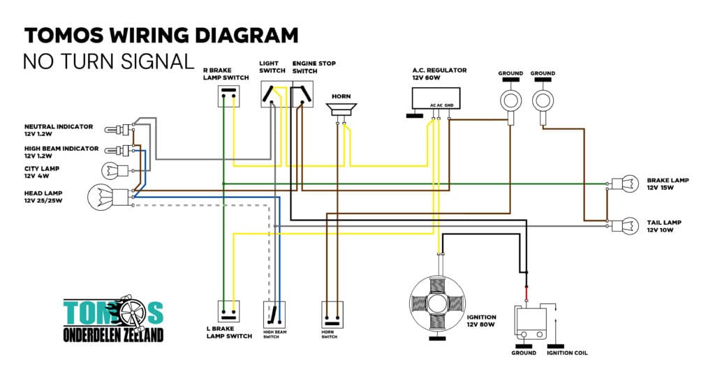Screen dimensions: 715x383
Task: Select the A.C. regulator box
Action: point(436,98)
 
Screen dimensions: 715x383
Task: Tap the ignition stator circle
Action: point(437,303)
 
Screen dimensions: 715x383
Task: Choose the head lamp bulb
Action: point(108,197)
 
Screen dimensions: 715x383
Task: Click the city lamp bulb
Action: point(115,171)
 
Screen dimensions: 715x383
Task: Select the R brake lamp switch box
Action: point(228,96)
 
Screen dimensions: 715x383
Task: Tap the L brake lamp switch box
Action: point(228,312)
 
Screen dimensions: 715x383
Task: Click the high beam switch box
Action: point(274,314)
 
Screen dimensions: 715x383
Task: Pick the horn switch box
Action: point(332,315)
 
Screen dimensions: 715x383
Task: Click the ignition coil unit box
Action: point(531,323)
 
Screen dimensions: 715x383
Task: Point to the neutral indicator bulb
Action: point(117,130)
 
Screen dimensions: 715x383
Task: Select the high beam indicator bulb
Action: point(117,150)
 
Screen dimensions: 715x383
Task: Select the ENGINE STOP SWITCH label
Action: point(314,68)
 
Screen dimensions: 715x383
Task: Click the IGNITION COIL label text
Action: point(567,353)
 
